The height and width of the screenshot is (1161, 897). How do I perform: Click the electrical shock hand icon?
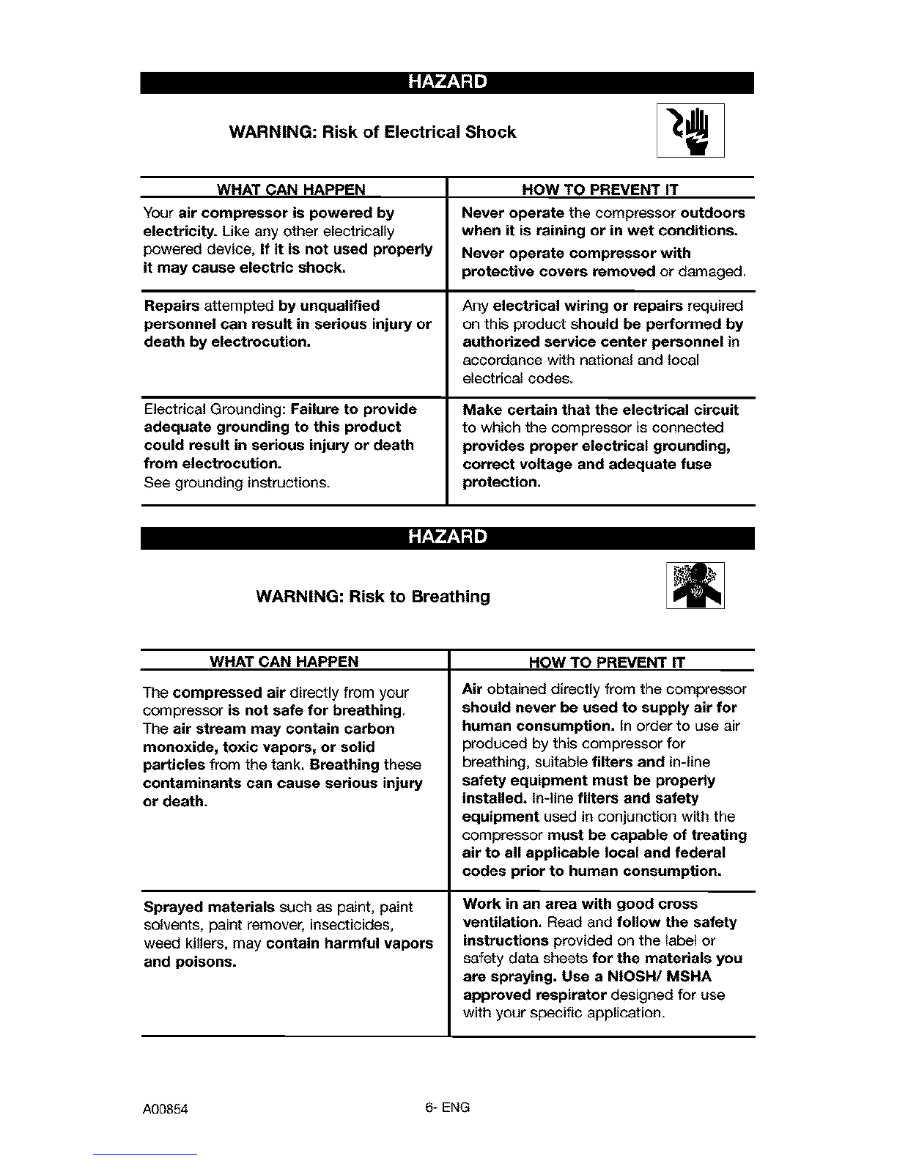pos(690,130)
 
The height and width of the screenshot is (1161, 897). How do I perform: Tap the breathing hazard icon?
pos(695,586)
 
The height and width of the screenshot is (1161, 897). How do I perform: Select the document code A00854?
pos(166,1109)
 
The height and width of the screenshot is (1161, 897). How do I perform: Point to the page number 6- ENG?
pos(446,1107)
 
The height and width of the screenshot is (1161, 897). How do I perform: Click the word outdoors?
pos(712,213)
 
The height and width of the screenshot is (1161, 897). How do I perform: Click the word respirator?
pos(570,995)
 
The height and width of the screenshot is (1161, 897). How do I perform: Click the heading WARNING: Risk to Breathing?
pos(373,597)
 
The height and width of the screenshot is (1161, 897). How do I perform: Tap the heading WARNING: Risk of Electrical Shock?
pos(372,133)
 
